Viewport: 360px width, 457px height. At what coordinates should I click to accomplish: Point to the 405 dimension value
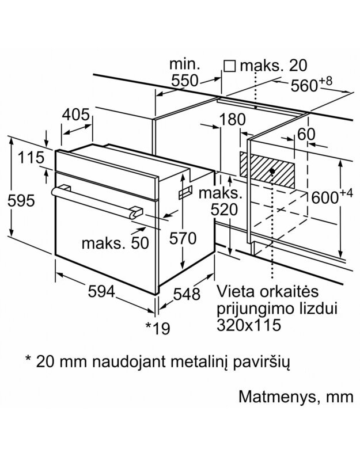[x=76, y=115]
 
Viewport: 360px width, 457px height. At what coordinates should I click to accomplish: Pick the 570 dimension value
[x=183, y=238]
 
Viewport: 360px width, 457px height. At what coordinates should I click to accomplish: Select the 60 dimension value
[x=307, y=134]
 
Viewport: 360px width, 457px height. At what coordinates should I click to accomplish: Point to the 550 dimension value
[x=185, y=81]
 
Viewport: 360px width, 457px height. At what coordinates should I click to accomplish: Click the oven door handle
[x=95, y=200]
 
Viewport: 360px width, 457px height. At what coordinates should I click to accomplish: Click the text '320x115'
[x=249, y=324]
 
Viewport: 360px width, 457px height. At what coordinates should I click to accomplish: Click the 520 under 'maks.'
[x=223, y=210]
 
